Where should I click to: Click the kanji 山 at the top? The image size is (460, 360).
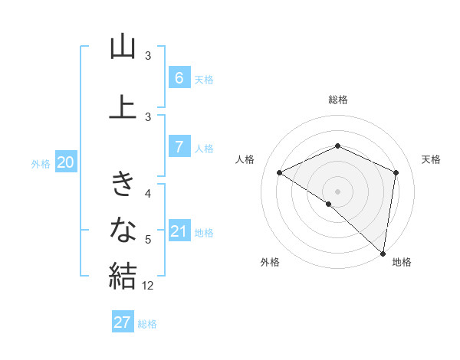pos(123,47)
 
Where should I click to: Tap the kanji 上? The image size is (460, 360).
pos(123,106)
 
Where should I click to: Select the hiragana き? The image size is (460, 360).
pos(123,184)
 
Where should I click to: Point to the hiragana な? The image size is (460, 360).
pos(123,229)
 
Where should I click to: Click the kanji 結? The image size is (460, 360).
pos(123,275)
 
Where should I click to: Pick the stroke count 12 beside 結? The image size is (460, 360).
pos(148,286)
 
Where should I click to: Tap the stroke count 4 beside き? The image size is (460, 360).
pos(149,194)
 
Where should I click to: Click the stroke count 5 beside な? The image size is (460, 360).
pos(149,240)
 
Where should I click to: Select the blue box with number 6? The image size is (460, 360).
pos(179,78)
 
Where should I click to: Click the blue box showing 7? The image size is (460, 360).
pos(179,147)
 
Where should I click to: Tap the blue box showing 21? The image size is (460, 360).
pos(179,231)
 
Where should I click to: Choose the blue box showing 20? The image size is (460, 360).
pos(66,162)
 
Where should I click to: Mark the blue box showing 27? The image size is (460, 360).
pos(123,322)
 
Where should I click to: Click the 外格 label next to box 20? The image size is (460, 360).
pos(41,163)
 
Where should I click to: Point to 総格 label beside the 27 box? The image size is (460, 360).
pos(148,324)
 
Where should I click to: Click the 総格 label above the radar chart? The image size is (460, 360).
pos(337,100)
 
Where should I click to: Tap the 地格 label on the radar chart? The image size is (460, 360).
pos(402,262)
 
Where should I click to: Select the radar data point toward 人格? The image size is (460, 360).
pos(280,172)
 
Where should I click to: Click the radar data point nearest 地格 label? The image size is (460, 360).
pos(383,253)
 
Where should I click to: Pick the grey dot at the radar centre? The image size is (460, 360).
pos(337,191)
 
